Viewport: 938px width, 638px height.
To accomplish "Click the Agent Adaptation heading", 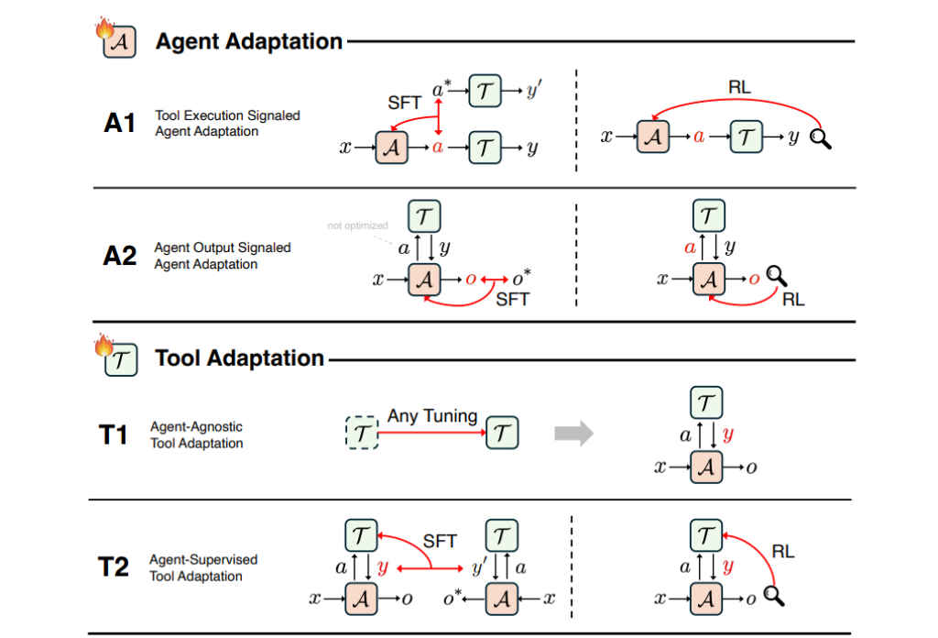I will coord(248,41).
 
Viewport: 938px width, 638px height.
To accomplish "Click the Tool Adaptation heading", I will coord(239,357).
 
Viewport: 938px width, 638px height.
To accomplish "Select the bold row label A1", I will coord(120,124).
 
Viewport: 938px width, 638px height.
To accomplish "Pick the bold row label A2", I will coord(120,256).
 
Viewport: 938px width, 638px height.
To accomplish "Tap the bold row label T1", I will coord(113,434).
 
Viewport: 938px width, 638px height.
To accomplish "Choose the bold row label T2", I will coord(114,568).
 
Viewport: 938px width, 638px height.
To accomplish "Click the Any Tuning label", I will coord(432,416).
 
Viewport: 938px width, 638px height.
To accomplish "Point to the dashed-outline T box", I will coord(363,434).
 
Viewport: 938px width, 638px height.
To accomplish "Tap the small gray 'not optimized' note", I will coord(357,225).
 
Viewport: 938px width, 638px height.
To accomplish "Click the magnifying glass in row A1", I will coord(821,140).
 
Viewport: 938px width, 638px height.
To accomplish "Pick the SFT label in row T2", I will coord(439,542).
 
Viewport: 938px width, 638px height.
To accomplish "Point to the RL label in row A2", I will coord(793,300).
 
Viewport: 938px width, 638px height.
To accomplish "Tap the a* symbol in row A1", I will coord(442,89).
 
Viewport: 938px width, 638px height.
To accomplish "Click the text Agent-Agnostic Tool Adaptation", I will coord(197,435).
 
